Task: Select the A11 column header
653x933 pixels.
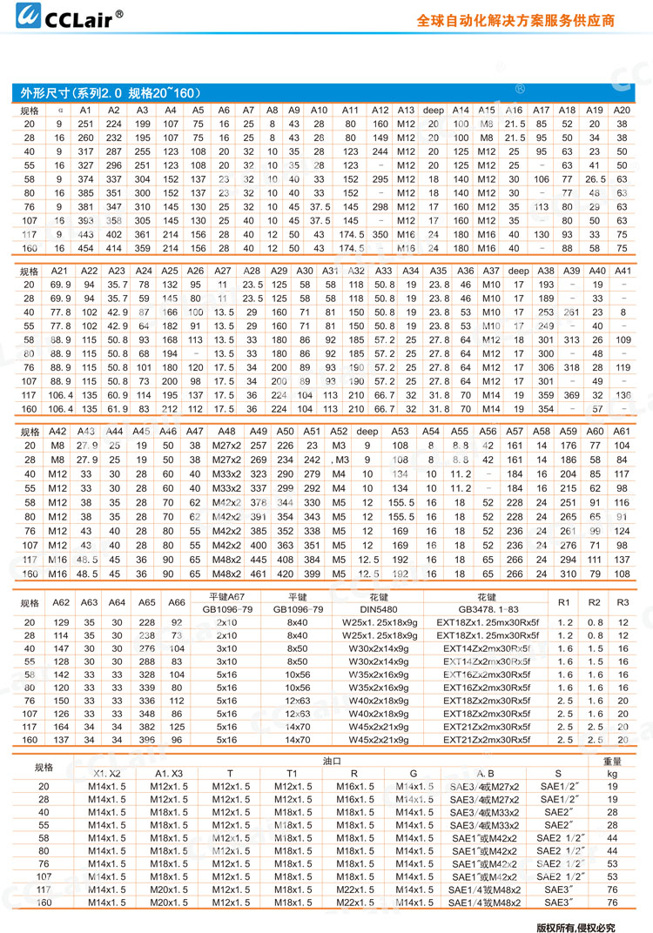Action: click(x=350, y=111)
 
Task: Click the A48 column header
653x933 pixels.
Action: click(x=226, y=431)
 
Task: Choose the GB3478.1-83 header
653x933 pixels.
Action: click(x=487, y=609)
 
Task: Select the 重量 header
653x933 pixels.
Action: click(x=612, y=760)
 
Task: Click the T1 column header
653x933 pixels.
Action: click(x=292, y=772)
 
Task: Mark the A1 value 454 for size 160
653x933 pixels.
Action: click(x=85, y=248)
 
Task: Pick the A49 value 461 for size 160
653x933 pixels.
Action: click(x=258, y=574)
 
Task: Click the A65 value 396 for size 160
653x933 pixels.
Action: click(x=146, y=739)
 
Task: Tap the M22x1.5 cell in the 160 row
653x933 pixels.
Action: click(x=353, y=903)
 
